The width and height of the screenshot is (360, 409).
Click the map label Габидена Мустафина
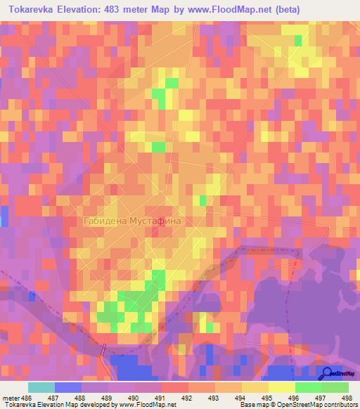click(x=132, y=221)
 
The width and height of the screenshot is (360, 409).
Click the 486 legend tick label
click(x=27, y=397)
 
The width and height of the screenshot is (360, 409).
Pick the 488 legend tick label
click(x=81, y=397)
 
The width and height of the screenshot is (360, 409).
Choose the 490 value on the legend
click(x=134, y=397)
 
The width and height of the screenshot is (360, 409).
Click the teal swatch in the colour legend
click(x=41, y=387)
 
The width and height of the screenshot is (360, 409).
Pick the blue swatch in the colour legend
click(x=67, y=387)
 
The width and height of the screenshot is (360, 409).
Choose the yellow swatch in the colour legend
click(x=282, y=387)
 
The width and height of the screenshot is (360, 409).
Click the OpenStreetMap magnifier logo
click(x=326, y=374)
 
